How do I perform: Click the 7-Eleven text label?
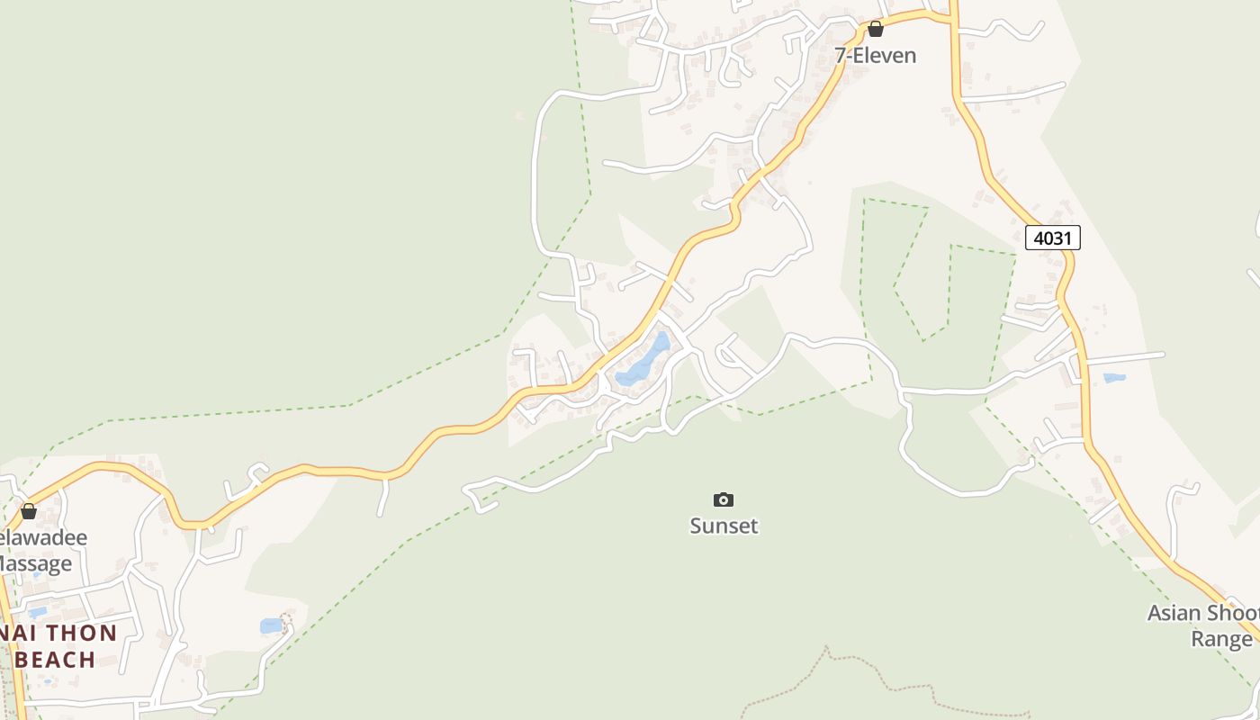click(x=875, y=56)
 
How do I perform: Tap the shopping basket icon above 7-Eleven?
click(x=875, y=29)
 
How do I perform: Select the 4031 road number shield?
click(x=1052, y=238)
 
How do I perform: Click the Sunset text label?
click(x=724, y=526)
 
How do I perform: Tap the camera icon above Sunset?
click(x=724, y=500)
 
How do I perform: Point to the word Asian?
click(x=1180, y=614)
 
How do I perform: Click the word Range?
click(x=1221, y=639)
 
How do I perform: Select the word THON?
click(x=81, y=633)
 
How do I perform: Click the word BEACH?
click(x=56, y=660)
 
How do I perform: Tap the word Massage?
click(x=34, y=564)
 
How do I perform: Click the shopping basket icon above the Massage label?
click(x=29, y=511)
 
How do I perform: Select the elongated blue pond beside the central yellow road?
click(x=644, y=361)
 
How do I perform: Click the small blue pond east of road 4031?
click(x=1114, y=378)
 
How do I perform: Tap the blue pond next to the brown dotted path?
click(x=271, y=625)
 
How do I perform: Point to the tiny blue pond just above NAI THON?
click(x=37, y=612)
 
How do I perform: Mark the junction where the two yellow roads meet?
click(x=951, y=18)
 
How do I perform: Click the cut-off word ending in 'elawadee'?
click(x=42, y=538)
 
